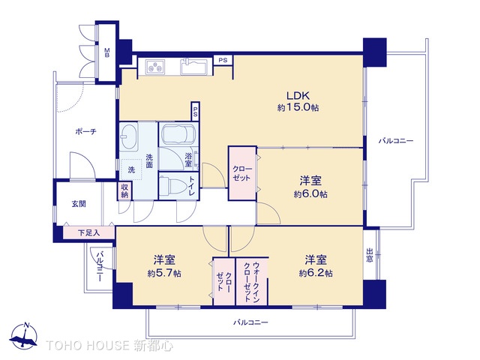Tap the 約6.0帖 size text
pos(311,194)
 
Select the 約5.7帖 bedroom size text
pos(165,273)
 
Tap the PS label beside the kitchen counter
pos(222,60)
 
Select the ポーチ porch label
pos(85,132)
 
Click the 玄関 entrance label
pos(79,203)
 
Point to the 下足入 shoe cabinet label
pos(88,233)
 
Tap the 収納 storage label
pos(124,191)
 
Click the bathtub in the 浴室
pos(178,137)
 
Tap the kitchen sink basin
pos(197,70)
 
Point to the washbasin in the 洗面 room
pos(128,138)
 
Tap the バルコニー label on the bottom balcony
pos(250,322)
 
